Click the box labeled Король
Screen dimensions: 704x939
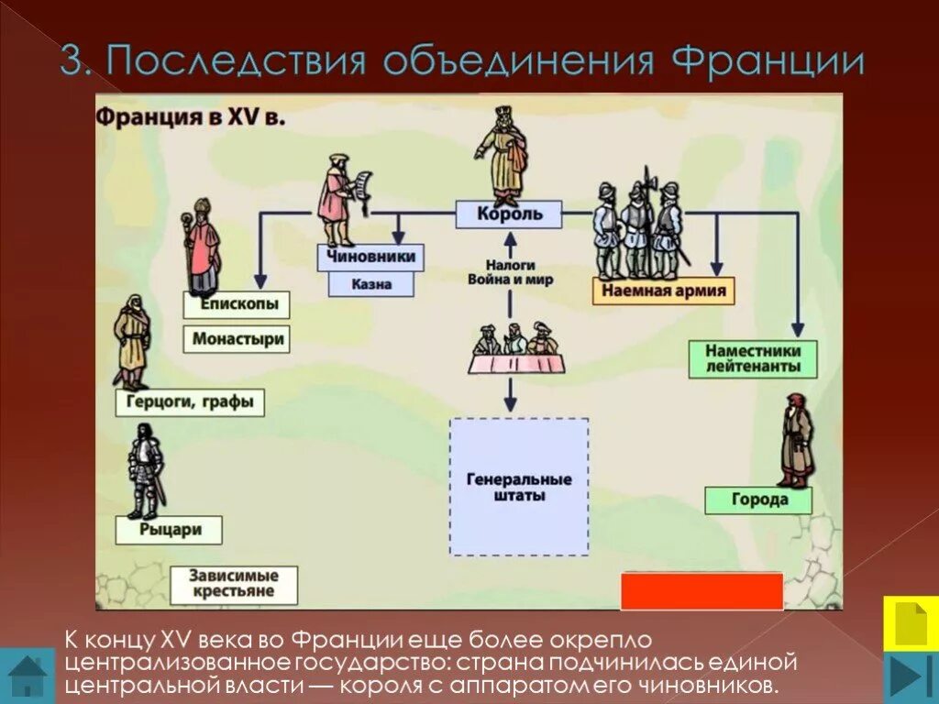tap(510, 214)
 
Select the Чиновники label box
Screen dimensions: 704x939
tap(370, 258)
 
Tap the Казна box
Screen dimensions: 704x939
tap(370, 284)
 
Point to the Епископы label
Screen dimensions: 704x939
tap(236, 304)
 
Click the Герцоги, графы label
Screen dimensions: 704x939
tap(190, 401)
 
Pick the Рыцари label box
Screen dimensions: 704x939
tap(171, 529)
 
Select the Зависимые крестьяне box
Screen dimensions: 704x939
tap(233, 585)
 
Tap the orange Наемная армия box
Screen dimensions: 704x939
tap(664, 291)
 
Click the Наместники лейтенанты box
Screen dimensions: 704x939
tap(753, 358)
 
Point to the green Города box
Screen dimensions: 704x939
tap(759, 500)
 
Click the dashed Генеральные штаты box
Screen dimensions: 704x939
tap(519, 487)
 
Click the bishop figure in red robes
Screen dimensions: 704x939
tap(201, 243)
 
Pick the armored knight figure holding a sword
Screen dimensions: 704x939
tap(145, 472)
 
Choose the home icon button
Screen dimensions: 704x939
tap(28, 675)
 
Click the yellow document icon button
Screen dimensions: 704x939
tap(910, 623)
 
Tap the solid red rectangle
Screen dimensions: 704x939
tap(701, 591)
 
